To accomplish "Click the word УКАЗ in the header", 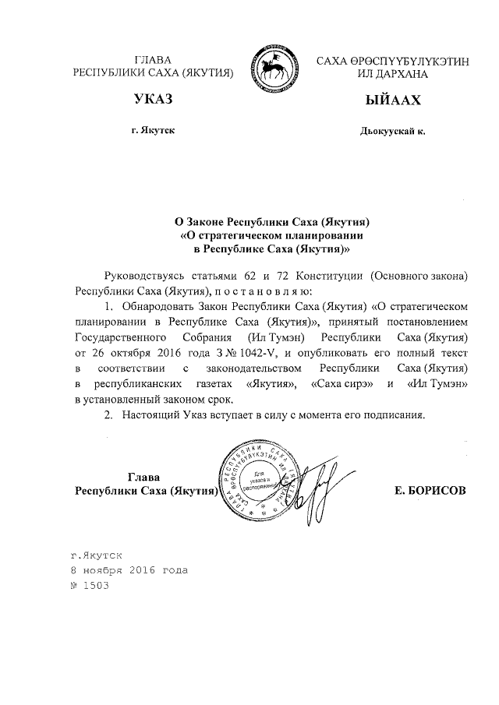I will coord(154,100).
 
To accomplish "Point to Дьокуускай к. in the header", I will coord(392,132).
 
